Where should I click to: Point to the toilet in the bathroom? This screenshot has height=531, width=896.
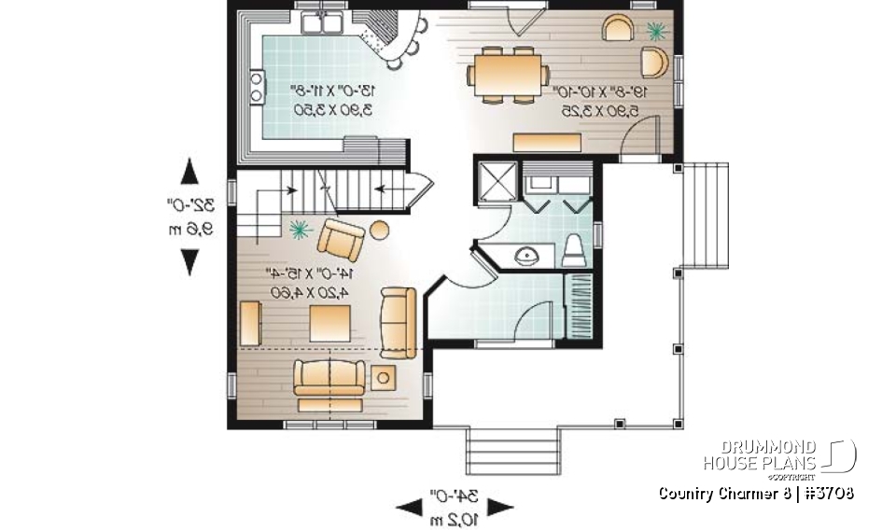pyautogui.click(x=574, y=251)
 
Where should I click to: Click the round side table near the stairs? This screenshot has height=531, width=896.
pyautogui.click(x=380, y=229)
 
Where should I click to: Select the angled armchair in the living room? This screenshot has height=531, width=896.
pyautogui.click(x=342, y=239)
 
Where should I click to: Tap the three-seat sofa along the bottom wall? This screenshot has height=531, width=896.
pyautogui.click(x=326, y=383)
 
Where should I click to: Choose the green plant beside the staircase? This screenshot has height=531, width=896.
pyautogui.click(x=301, y=227)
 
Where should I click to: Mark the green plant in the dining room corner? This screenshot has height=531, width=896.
pyautogui.click(x=655, y=31)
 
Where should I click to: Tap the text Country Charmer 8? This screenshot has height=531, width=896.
pyautogui.click(x=719, y=493)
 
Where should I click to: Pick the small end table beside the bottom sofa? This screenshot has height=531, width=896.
pyautogui.click(x=383, y=378)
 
